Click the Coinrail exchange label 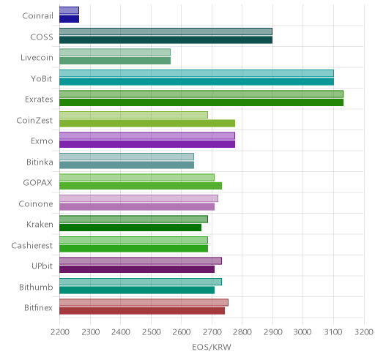click(x=37, y=16)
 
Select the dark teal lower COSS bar click(x=166, y=40)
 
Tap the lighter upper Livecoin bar click(x=115, y=53)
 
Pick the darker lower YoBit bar click(x=196, y=82)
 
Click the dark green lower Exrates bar click(x=201, y=102)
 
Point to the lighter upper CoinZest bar click(x=133, y=115)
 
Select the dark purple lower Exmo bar click(x=147, y=144)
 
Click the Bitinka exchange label click(x=40, y=162)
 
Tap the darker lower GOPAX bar click(x=141, y=186)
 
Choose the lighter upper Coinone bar click(x=138, y=198)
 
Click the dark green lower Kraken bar click(x=130, y=228)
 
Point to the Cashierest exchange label click(x=32, y=245)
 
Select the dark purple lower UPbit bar click(x=137, y=269)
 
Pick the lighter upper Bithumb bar click(x=141, y=282)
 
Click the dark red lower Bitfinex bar click(x=142, y=311)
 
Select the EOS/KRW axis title click(x=212, y=347)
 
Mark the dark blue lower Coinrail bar click(x=69, y=19)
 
